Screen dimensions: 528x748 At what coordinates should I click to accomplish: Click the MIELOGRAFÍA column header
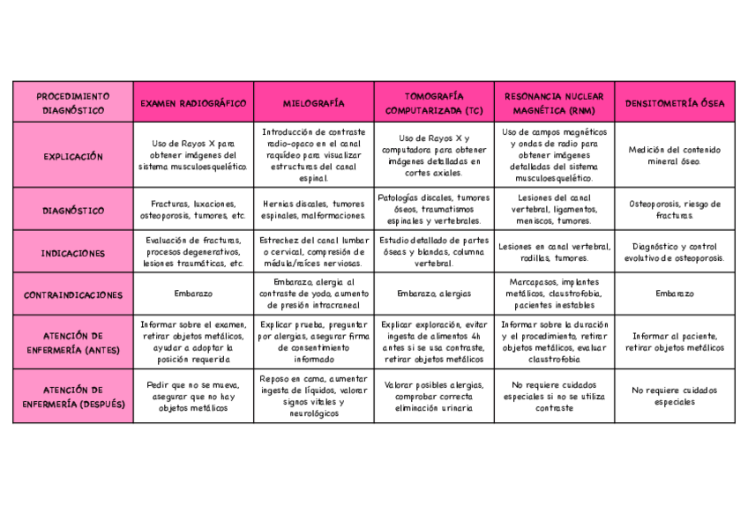tap(313, 103)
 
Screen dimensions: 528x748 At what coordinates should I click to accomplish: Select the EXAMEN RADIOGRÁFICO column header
tap(193, 103)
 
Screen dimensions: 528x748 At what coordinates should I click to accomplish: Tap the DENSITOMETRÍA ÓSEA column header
tap(675, 103)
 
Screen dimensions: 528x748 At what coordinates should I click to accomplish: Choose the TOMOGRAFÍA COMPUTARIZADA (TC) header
tap(434, 103)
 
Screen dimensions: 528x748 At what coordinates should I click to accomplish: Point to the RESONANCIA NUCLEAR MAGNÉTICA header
tap(554, 103)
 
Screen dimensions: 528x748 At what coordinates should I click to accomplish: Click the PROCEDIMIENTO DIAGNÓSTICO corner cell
tap(73, 103)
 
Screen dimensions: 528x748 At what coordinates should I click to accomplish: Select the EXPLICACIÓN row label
tap(73, 156)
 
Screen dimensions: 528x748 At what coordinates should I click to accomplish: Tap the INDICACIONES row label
tap(73, 253)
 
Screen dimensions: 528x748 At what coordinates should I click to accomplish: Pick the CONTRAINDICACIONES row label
tap(73, 294)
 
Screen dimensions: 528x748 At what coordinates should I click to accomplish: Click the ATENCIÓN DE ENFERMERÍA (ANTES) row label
tap(73, 342)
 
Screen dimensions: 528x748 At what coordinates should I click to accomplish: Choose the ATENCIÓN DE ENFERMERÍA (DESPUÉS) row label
tap(73, 397)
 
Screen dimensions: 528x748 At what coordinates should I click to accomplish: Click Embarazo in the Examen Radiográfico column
tap(193, 294)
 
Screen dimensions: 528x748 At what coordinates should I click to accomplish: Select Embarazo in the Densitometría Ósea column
tap(675, 294)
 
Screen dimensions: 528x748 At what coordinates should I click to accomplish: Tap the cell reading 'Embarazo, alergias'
tap(434, 294)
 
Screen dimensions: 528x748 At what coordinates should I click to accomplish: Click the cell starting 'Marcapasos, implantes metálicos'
tap(554, 294)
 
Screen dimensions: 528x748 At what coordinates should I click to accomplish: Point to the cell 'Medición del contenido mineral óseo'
tap(675, 156)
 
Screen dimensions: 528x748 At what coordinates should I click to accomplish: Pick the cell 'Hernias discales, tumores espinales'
tap(313, 210)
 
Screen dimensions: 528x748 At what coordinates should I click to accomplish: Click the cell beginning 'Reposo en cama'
tap(313, 396)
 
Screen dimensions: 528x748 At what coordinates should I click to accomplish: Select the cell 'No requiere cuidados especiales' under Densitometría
tap(675, 396)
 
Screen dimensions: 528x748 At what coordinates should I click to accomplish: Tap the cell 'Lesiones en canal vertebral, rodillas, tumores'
tap(554, 253)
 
